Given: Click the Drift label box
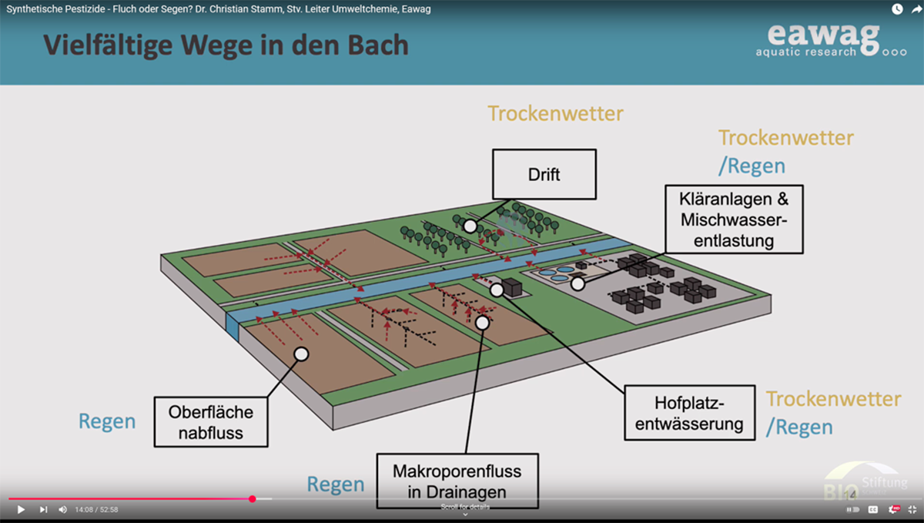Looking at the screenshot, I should [x=544, y=175].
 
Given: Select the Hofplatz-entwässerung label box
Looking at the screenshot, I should [x=689, y=414].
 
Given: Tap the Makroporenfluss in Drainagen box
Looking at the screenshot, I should [x=457, y=481].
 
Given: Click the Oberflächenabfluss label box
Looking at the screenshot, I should [x=211, y=422].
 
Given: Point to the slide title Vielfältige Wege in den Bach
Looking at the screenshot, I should [x=226, y=45].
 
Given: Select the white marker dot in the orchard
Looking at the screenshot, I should [x=469, y=225].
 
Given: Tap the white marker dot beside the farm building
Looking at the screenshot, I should [x=497, y=290].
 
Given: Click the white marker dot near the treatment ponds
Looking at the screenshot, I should [x=577, y=283].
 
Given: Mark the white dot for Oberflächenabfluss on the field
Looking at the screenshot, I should [x=301, y=354].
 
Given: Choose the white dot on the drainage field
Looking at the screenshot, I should [x=483, y=323].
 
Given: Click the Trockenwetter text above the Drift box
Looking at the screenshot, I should [x=555, y=114].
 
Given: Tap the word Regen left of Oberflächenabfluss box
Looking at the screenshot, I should [x=107, y=422].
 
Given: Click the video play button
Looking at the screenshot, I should [x=21, y=509].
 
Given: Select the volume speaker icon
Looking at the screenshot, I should [x=63, y=509].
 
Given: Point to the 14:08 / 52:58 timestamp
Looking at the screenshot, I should [x=96, y=509].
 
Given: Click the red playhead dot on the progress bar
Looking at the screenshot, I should [x=253, y=499].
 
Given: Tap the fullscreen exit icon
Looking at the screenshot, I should [x=912, y=509].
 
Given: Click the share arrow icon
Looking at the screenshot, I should [x=916, y=9].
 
